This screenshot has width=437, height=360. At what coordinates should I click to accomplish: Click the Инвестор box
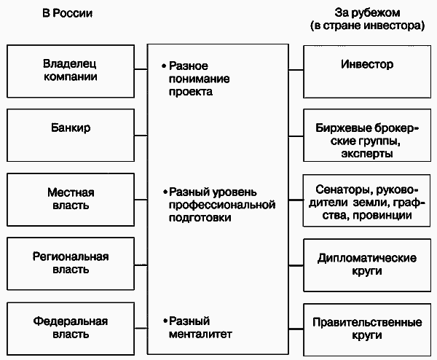point(367,66)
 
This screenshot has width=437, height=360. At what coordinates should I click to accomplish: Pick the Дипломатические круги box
point(367,265)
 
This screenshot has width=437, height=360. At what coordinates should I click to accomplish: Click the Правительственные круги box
point(367,327)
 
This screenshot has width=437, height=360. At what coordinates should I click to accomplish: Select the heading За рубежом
point(366,13)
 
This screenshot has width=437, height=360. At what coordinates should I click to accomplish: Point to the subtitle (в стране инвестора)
point(366,26)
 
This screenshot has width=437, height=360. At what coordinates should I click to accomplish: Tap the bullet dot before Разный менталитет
point(165,322)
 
